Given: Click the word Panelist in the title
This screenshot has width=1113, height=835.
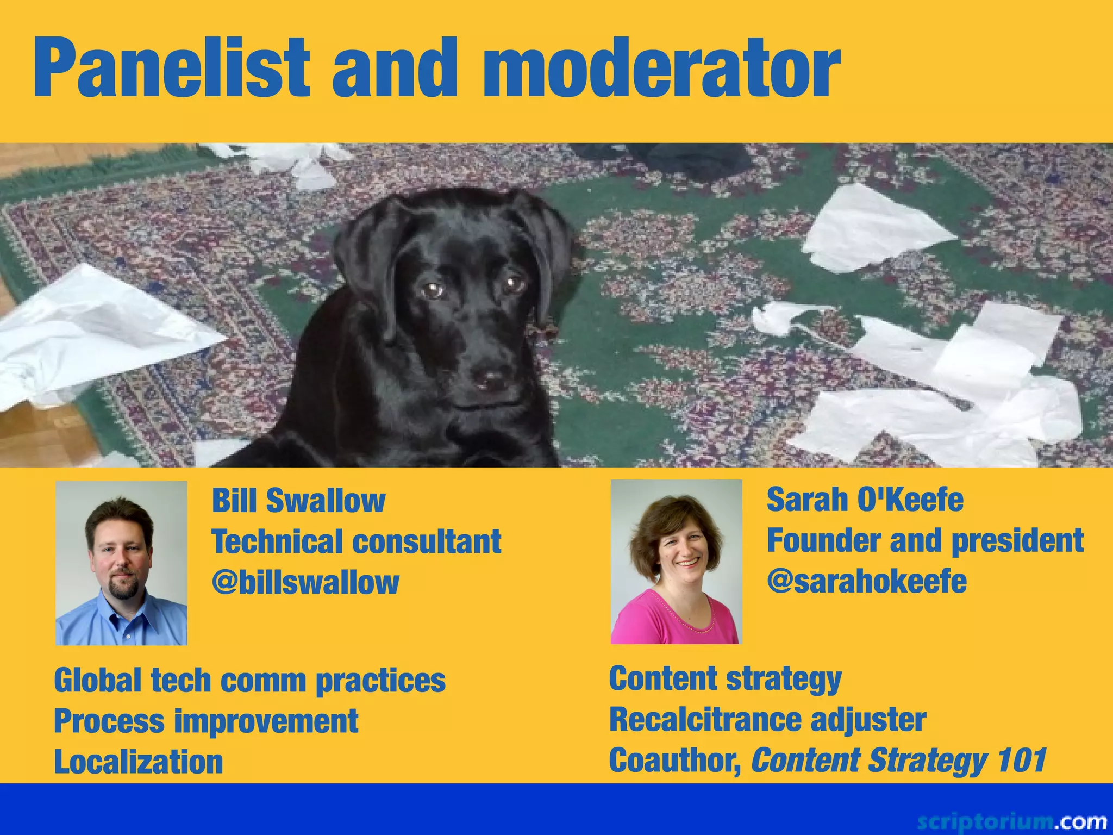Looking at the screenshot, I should [x=171, y=68].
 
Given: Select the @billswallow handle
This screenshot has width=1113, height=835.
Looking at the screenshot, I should [x=305, y=582].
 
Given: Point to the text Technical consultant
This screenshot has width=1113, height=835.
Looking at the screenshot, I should [x=356, y=541].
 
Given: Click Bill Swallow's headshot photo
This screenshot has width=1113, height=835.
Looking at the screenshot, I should [x=121, y=563].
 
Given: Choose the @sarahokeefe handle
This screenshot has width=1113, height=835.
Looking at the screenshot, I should [x=867, y=581].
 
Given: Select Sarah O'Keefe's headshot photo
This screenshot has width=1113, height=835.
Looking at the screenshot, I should [x=676, y=562].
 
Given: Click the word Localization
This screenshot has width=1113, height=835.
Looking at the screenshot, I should [x=139, y=762].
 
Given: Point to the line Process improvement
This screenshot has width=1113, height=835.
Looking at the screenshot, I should [x=206, y=721].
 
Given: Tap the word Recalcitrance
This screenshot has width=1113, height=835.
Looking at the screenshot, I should [x=705, y=720].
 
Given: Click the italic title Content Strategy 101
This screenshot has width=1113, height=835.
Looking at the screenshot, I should [x=898, y=760].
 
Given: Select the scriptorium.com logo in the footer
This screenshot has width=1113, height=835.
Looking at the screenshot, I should [x=1011, y=820].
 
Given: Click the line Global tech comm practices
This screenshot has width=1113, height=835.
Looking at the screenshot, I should [x=249, y=681].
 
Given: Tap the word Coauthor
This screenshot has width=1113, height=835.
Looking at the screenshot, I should [x=674, y=760].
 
